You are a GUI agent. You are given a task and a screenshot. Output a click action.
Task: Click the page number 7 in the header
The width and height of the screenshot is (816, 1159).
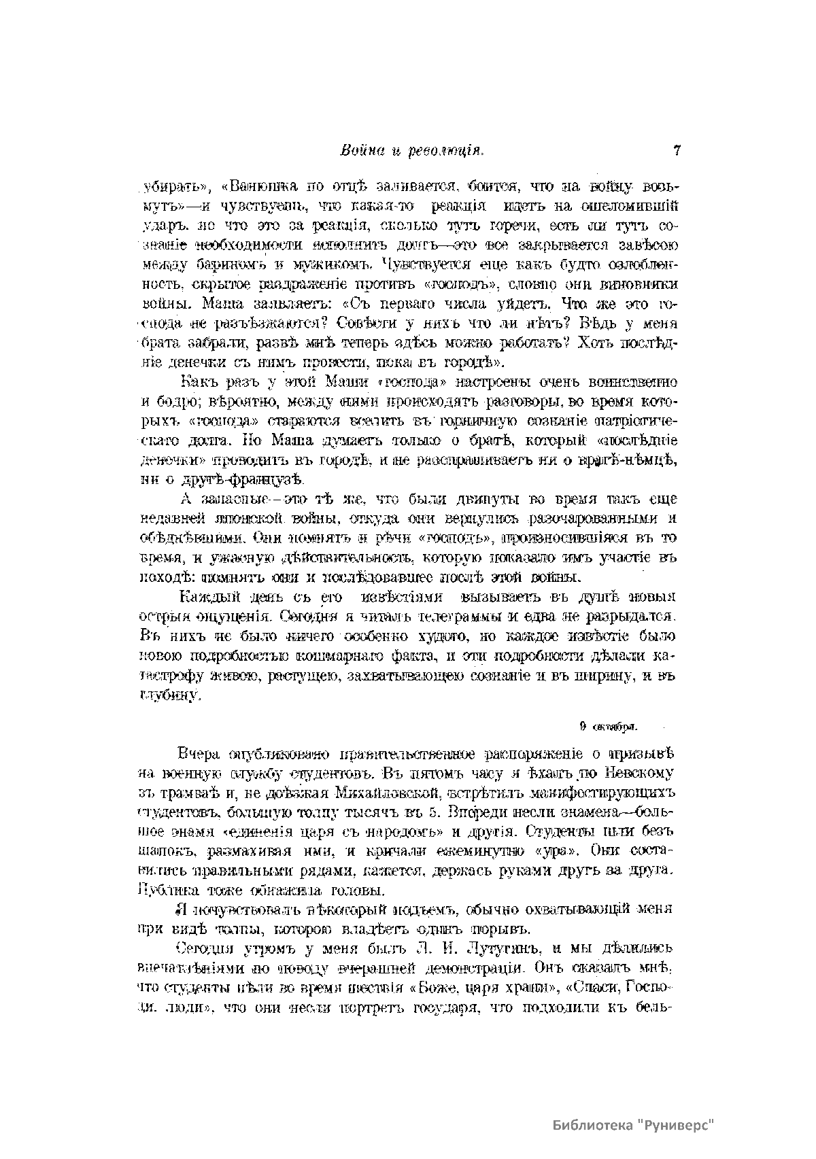(676, 151)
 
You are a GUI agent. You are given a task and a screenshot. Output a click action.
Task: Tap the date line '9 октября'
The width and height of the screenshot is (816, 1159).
(608, 726)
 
